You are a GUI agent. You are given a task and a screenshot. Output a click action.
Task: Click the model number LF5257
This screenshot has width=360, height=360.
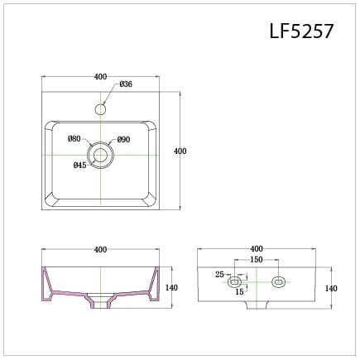pos(301,31)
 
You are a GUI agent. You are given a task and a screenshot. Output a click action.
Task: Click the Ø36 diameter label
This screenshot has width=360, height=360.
pos(126,84)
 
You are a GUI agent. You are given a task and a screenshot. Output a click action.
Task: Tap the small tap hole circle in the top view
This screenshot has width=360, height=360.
pos(101,108)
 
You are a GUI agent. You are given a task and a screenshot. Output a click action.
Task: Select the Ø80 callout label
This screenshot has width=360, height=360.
pos(74,138)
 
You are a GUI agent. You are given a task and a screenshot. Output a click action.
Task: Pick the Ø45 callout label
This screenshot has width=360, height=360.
pos(79,165)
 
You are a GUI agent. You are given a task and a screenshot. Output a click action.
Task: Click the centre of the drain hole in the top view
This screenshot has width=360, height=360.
pos(101,155)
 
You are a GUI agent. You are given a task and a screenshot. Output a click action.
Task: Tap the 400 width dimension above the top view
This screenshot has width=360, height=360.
pos(101,76)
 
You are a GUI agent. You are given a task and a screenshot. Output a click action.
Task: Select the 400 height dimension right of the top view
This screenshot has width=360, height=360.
pos(180,151)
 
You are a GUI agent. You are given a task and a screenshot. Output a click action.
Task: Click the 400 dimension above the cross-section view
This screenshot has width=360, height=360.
pos(101,249)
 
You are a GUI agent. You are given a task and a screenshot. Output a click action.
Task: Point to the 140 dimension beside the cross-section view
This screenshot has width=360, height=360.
pos(172,288)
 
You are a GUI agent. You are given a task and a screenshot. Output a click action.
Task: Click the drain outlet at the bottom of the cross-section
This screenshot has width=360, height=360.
pos(101,305)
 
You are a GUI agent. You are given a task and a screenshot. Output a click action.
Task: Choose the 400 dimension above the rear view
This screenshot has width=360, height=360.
pos(256,248)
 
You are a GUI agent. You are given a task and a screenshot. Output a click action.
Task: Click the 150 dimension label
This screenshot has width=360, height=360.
pos(257,260)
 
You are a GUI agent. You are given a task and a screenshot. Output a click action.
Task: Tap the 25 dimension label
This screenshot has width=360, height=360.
pos(219,274)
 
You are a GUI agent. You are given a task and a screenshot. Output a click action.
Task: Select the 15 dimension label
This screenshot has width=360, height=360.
pos(238,291)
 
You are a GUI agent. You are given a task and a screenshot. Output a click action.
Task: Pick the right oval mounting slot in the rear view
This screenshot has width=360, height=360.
pos(278,281)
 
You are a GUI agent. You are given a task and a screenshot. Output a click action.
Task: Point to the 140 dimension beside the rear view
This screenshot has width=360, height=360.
pos(330,288)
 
